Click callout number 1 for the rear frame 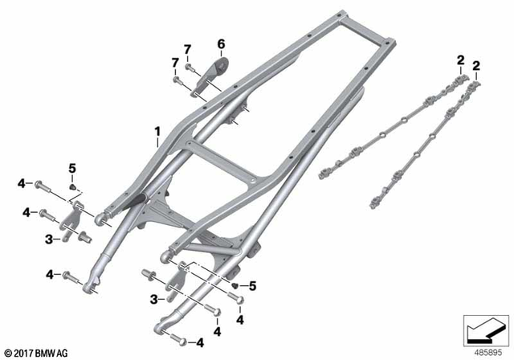coord(158,130)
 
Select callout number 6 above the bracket coord(222,43)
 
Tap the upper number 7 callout coord(187,51)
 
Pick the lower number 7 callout coord(174,63)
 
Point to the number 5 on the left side coord(71,167)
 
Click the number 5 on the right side coord(251,284)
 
